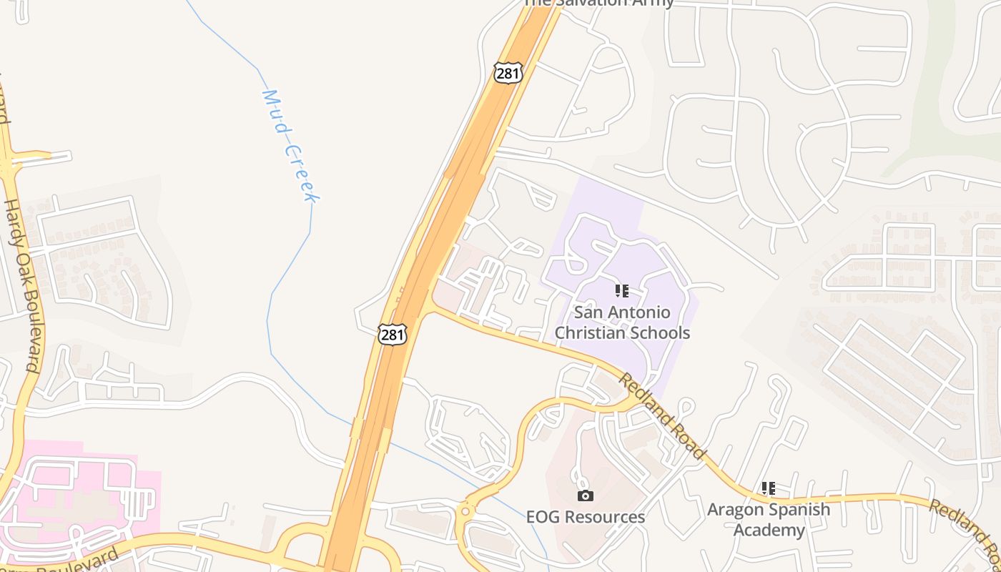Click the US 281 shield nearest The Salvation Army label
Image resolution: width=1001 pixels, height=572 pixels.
click(508, 73)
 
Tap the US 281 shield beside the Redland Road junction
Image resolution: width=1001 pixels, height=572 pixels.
click(393, 334)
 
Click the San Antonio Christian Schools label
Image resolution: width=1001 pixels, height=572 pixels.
click(622, 322)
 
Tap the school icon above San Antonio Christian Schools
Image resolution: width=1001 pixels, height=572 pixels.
click(622, 291)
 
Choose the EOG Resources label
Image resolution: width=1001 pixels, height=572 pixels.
click(586, 517)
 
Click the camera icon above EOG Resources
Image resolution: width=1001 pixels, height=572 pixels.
click(586, 495)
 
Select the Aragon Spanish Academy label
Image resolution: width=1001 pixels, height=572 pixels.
click(769, 520)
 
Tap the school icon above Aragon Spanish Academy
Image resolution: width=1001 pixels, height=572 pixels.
click(769, 488)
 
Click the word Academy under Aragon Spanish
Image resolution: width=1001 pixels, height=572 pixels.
click(769, 531)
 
